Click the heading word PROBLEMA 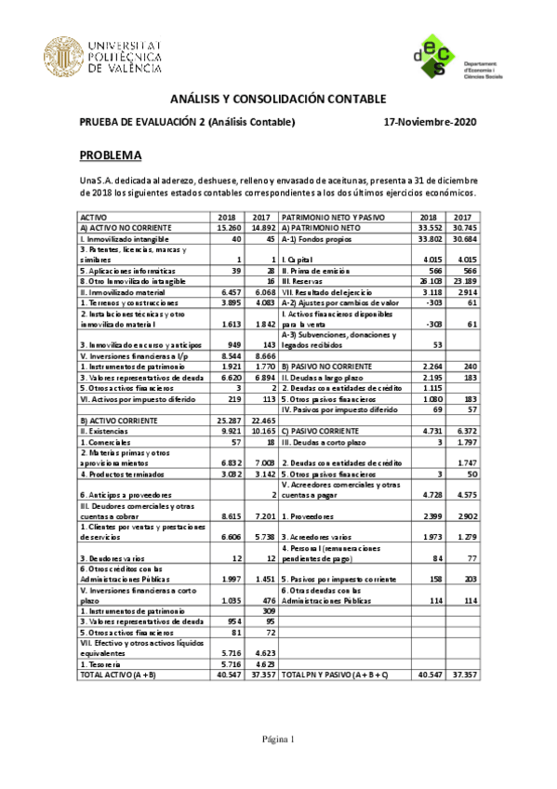[x=111, y=154]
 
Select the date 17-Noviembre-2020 [x=430, y=122]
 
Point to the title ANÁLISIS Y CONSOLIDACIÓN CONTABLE [x=278, y=100]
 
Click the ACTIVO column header [x=94, y=216]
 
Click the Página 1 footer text [x=278, y=739]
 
